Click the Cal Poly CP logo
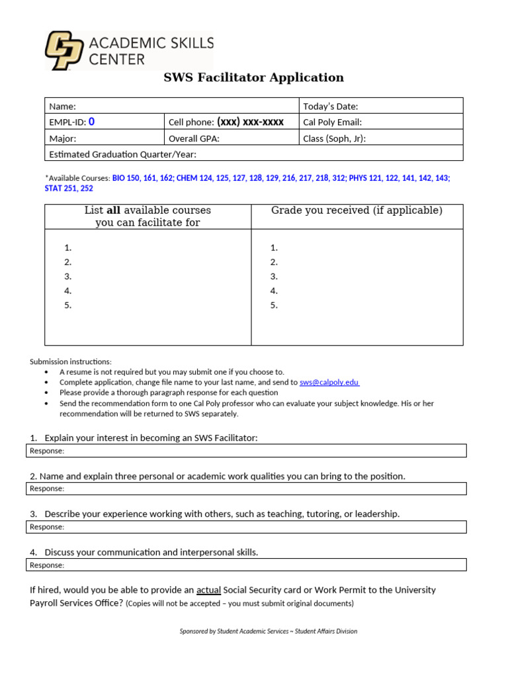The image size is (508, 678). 64,50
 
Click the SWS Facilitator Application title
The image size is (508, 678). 253,77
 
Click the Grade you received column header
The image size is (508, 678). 357,211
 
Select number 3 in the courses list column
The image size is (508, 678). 68,277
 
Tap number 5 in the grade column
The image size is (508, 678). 274,306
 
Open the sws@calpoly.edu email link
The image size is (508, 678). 329,382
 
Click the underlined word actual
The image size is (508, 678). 208,590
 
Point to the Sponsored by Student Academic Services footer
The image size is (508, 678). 268,631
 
